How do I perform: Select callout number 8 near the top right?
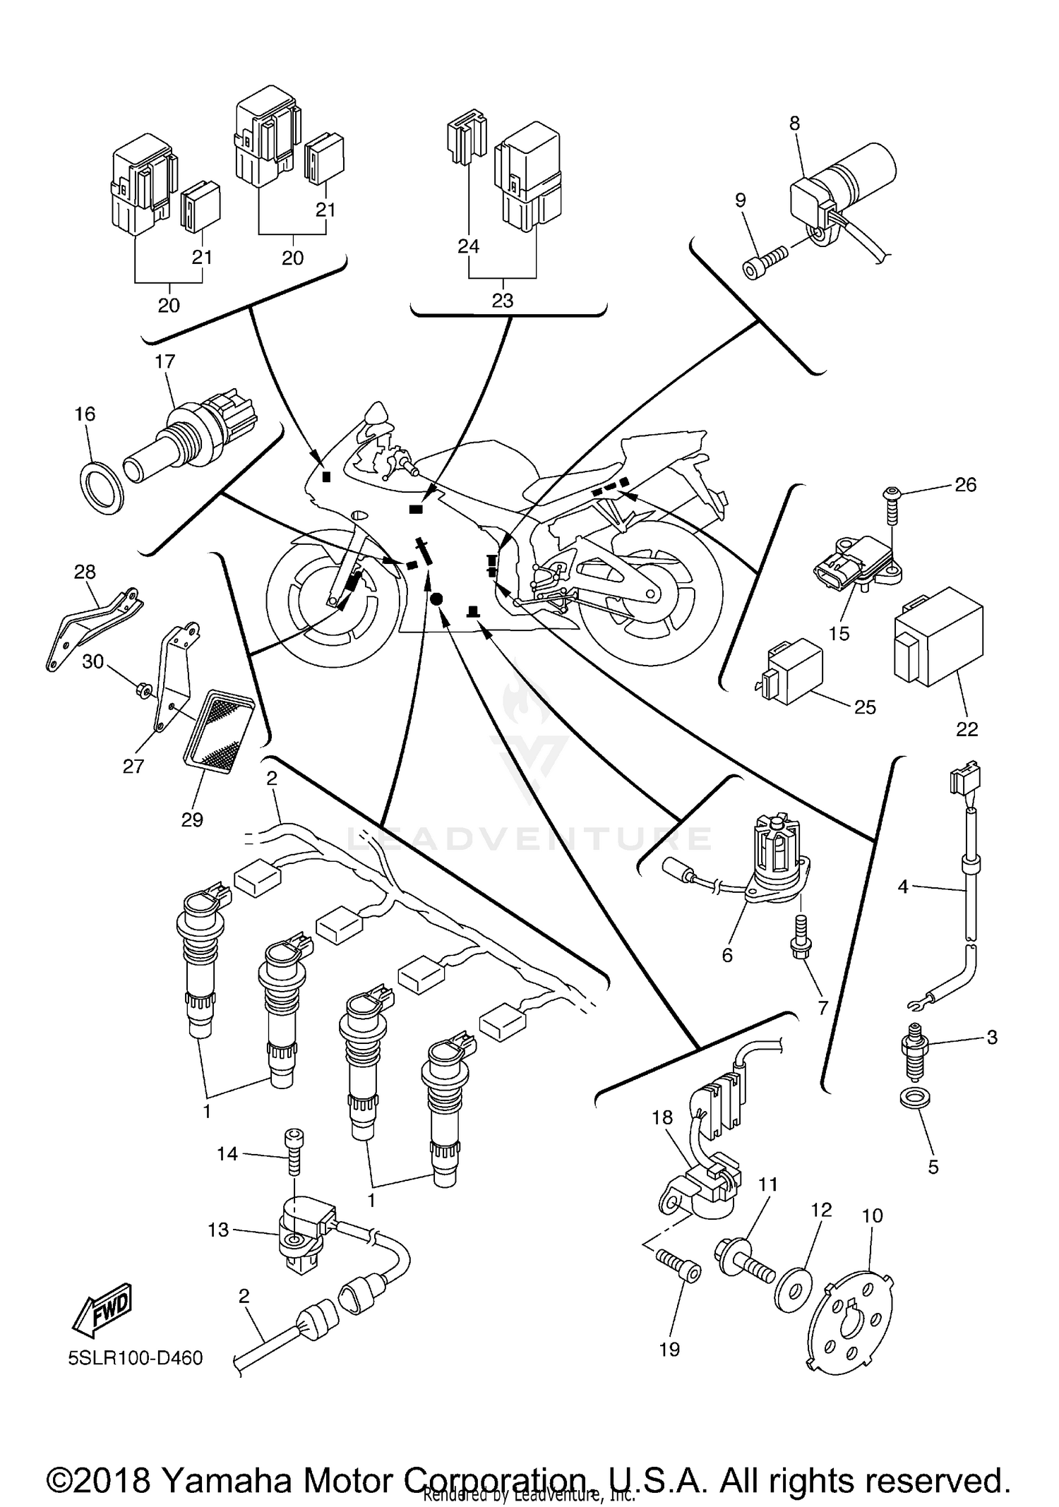point(795,124)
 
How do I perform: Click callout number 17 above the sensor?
point(164,362)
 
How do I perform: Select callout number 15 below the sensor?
point(839,633)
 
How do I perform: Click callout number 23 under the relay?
point(502,301)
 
